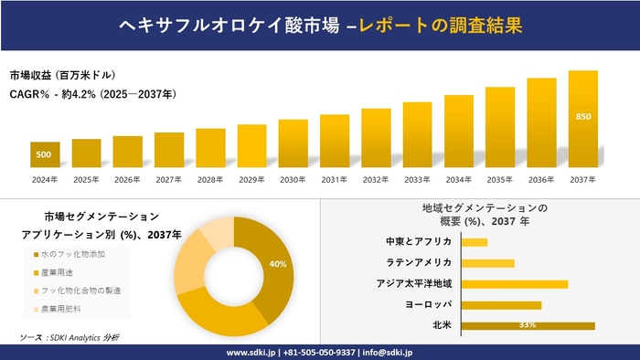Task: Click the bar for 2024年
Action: click(x=45, y=155)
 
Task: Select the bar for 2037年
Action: click(x=582, y=119)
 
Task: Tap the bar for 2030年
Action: click(x=293, y=143)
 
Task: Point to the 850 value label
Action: click(x=582, y=117)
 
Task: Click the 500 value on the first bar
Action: click(x=44, y=155)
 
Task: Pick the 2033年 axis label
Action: click(x=417, y=179)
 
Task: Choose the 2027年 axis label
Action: click(x=169, y=179)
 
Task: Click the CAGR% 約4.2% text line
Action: click(x=93, y=94)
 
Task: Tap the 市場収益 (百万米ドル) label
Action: click(x=63, y=75)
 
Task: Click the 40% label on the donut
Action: click(x=278, y=264)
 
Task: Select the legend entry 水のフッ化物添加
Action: click(x=80, y=254)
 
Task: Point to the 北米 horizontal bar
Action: click(x=528, y=325)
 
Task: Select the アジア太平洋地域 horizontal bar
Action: click(x=515, y=283)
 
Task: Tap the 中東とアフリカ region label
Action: click(x=419, y=242)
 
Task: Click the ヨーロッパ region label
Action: click(x=426, y=304)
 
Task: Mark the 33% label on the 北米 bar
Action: click(x=527, y=325)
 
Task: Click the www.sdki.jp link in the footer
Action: click(x=251, y=352)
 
